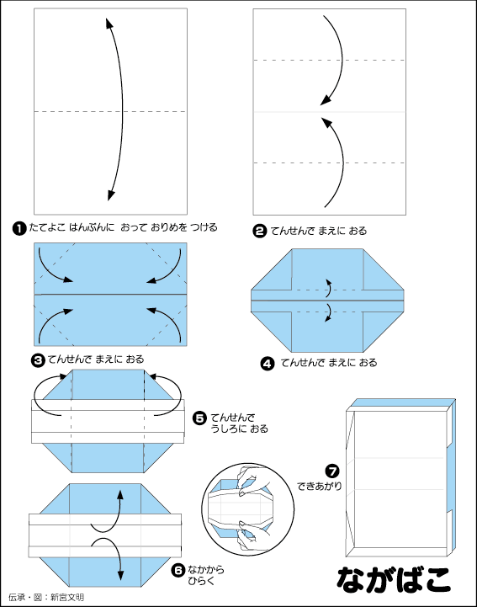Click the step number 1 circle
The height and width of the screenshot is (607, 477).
point(19,228)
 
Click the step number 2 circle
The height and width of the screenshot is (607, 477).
point(260,232)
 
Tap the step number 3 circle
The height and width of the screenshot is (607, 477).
point(38,360)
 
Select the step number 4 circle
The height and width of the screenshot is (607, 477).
point(268,364)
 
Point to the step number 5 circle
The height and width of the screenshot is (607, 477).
point(199,418)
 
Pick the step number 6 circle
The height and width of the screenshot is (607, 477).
point(178,570)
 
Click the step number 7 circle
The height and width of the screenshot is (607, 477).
point(332,471)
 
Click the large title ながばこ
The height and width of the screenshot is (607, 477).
point(394,579)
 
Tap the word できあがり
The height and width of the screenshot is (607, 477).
point(320,487)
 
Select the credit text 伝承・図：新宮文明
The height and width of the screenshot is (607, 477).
point(45,598)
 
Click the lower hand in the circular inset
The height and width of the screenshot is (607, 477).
point(252,535)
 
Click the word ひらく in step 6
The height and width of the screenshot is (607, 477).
point(201,581)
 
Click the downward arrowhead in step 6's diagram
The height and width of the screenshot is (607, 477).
point(120,575)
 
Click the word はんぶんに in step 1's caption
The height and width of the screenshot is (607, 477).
point(92,227)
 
